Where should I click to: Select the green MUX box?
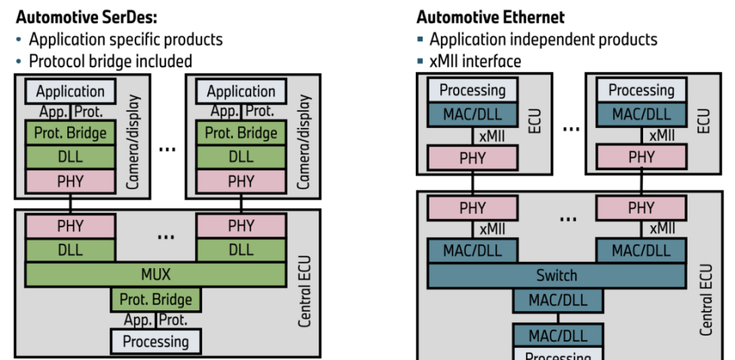coord(155,273)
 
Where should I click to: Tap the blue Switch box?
coord(557,275)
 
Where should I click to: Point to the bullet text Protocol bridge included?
coord(110,61)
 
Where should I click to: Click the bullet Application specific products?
coord(126,39)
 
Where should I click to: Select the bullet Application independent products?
coord(543,39)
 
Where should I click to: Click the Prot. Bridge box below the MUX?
coord(155,299)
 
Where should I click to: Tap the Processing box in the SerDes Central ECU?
coord(155,340)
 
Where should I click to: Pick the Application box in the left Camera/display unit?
coord(70,91)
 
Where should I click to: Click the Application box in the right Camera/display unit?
coord(241,91)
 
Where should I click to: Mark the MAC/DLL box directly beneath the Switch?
coord(557,299)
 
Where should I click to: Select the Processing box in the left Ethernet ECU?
coord(472,90)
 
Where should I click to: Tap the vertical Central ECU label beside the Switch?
coord(706,299)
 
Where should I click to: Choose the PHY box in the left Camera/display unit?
coord(70,182)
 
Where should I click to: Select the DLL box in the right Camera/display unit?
coord(241,158)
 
